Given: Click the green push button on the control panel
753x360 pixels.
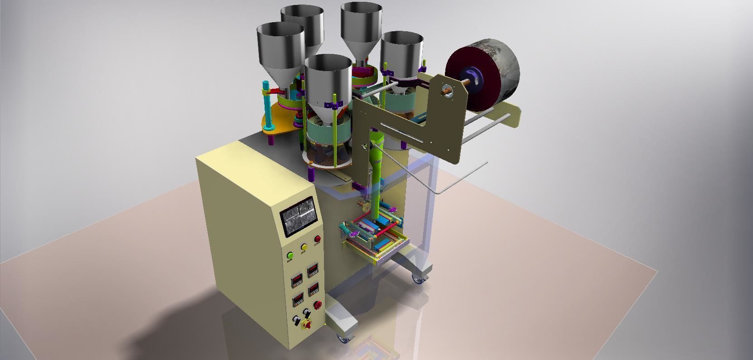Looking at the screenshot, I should (290, 255).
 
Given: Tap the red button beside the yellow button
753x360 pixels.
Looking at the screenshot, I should (317, 239).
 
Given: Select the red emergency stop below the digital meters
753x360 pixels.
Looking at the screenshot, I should (318, 305).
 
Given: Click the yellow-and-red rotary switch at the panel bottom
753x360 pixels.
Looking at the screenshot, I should (307, 324).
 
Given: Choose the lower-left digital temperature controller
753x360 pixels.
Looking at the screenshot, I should (298, 299).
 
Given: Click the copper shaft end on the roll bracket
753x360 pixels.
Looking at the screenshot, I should (448, 92).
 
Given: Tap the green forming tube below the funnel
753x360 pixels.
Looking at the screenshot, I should (376, 181).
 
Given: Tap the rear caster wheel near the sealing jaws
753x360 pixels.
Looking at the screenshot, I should (417, 279).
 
